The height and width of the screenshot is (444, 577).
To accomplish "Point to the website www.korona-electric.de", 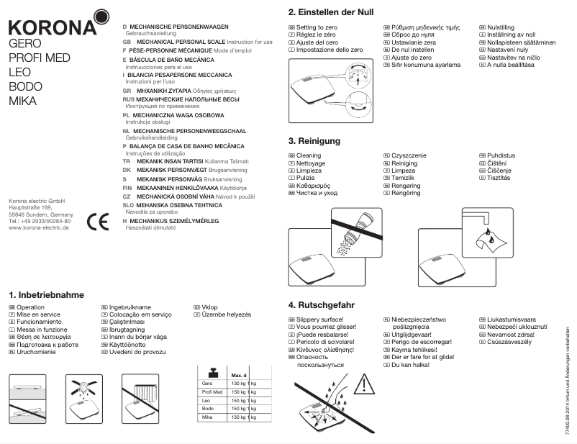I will tap(39, 227).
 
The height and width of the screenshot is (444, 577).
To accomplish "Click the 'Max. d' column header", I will tap(239, 376).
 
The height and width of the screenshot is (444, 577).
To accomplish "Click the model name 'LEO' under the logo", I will tap(19, 73).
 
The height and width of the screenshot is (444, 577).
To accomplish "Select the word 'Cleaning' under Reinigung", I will tap(309, 155).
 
